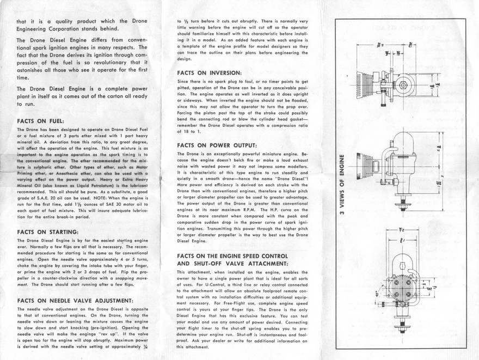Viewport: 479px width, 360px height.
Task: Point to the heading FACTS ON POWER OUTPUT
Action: click(x=217, y=145)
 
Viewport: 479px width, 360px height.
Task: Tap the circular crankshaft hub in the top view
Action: click(x=403, y=85)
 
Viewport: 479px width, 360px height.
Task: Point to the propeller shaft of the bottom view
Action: click(x=403, y=321)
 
